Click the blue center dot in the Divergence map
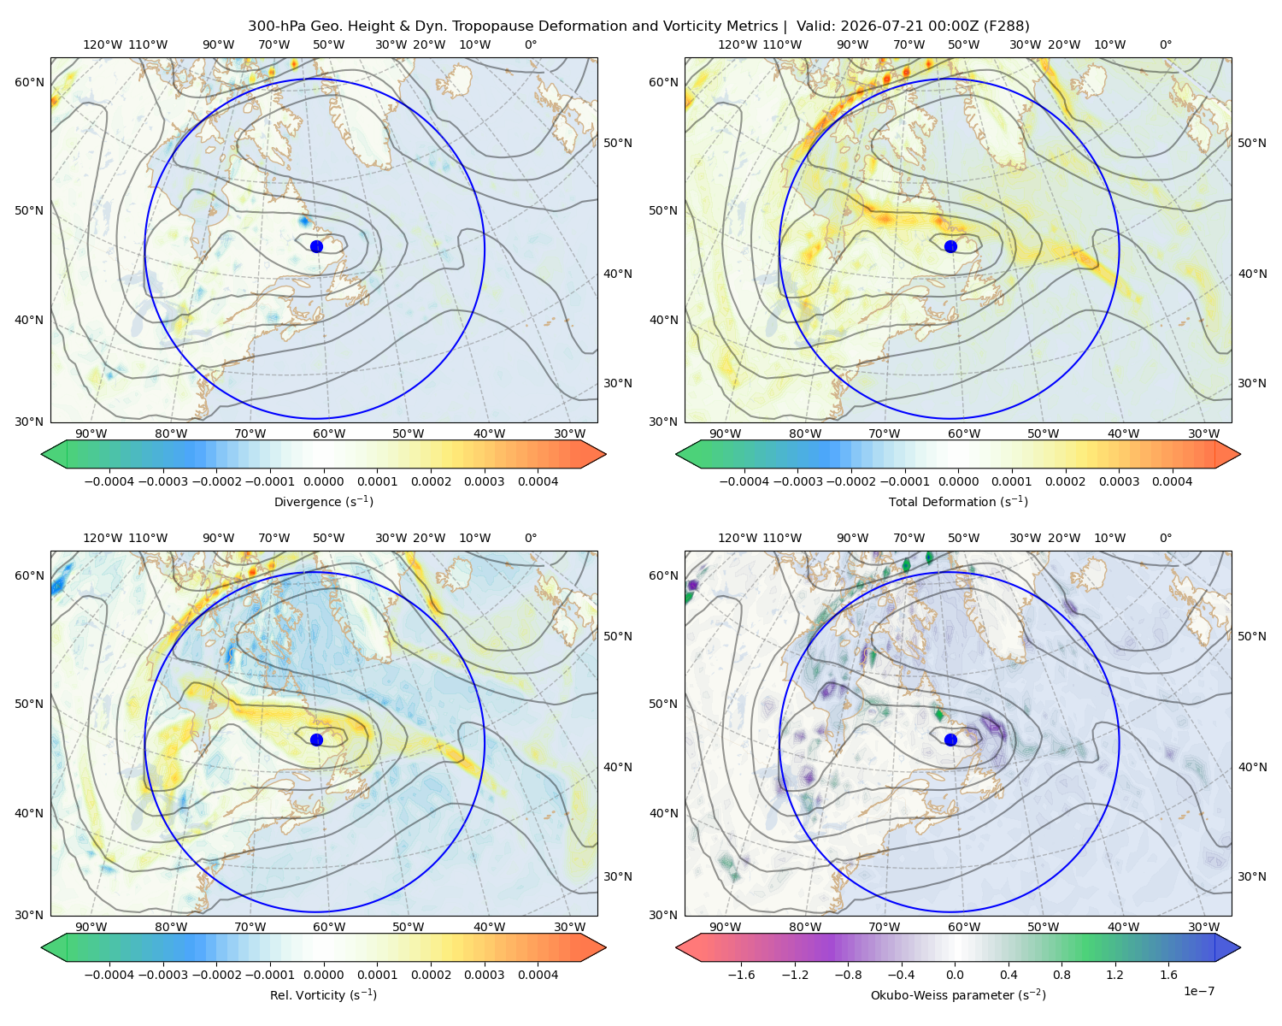[316, 246]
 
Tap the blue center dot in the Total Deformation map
[950, 246]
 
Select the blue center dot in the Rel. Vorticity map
[316, 740]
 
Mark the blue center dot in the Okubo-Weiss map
[950, 740]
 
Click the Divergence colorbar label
[323, 501]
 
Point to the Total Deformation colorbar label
[958, 501]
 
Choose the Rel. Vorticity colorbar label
[323, 994]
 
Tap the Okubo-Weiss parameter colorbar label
[958, 994]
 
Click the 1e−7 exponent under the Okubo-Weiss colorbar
[1198, 991]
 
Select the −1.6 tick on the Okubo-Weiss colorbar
[741, 974]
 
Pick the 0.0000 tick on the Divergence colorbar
[323, 481]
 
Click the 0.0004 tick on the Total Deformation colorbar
[1172, 481]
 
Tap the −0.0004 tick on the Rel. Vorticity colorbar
[109, 974]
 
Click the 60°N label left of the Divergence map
[29, 82]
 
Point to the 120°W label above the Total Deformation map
[737, 44]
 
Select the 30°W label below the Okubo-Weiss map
[1204, 927]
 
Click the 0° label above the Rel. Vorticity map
[531, 538]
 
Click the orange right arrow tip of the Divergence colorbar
[606, 454]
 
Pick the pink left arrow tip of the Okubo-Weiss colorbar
[676, 947]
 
